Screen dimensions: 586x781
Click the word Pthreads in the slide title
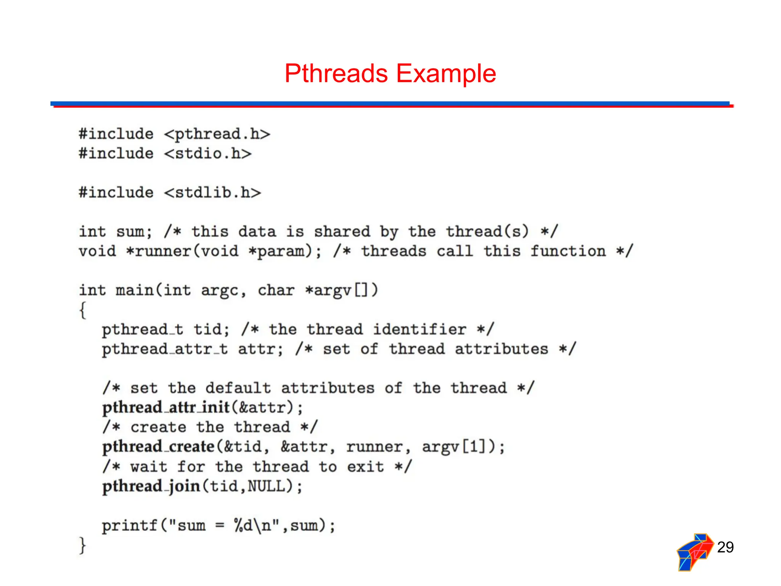point(336,73)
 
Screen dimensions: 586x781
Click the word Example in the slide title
point(446,73)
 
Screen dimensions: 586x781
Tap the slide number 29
point(725,547)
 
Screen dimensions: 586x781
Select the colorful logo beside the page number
point(695,552)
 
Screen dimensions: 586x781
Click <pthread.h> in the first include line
point(217,134)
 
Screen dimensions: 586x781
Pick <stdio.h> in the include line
point(208,154)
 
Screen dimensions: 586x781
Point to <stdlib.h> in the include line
point(212,193)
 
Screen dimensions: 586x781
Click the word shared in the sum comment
point(342,232)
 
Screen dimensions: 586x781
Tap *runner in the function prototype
point(159,251)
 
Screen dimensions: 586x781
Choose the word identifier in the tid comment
point(419,329)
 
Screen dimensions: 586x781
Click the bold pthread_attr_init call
point(166,407)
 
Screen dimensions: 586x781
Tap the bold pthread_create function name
point(158,447)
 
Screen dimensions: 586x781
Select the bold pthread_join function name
point(151,486)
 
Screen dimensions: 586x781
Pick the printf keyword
point(129,526)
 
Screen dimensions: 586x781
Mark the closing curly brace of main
point(82,545)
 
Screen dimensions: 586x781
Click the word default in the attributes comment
point(238,388)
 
